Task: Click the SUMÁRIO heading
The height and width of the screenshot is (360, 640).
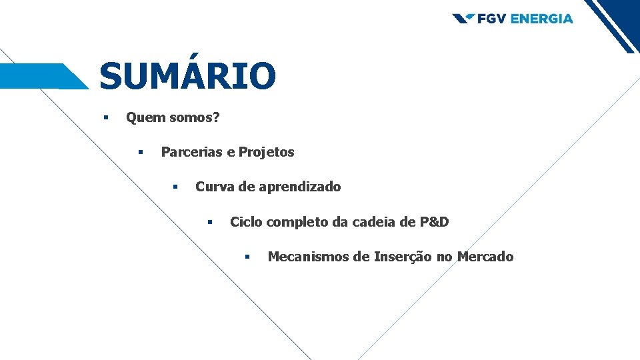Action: pos(187,75)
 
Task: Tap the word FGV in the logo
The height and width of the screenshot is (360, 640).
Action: pos(491,19)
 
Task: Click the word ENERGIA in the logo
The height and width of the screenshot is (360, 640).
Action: pos(542,19)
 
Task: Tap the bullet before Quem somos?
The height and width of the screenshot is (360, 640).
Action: pos(105,118)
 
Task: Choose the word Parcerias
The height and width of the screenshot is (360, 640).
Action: pos(191,152)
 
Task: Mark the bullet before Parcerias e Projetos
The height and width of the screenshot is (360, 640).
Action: pos(141,152)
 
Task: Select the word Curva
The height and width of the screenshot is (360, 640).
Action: pos(215,187)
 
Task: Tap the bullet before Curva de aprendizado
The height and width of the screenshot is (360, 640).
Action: pos(175,187)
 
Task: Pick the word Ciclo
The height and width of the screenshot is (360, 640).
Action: pos(246,222)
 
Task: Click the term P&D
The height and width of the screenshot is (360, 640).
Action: pos(434,222)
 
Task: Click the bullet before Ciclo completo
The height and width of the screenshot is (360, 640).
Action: pos(209,222)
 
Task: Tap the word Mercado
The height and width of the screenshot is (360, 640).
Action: pos(485,257)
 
